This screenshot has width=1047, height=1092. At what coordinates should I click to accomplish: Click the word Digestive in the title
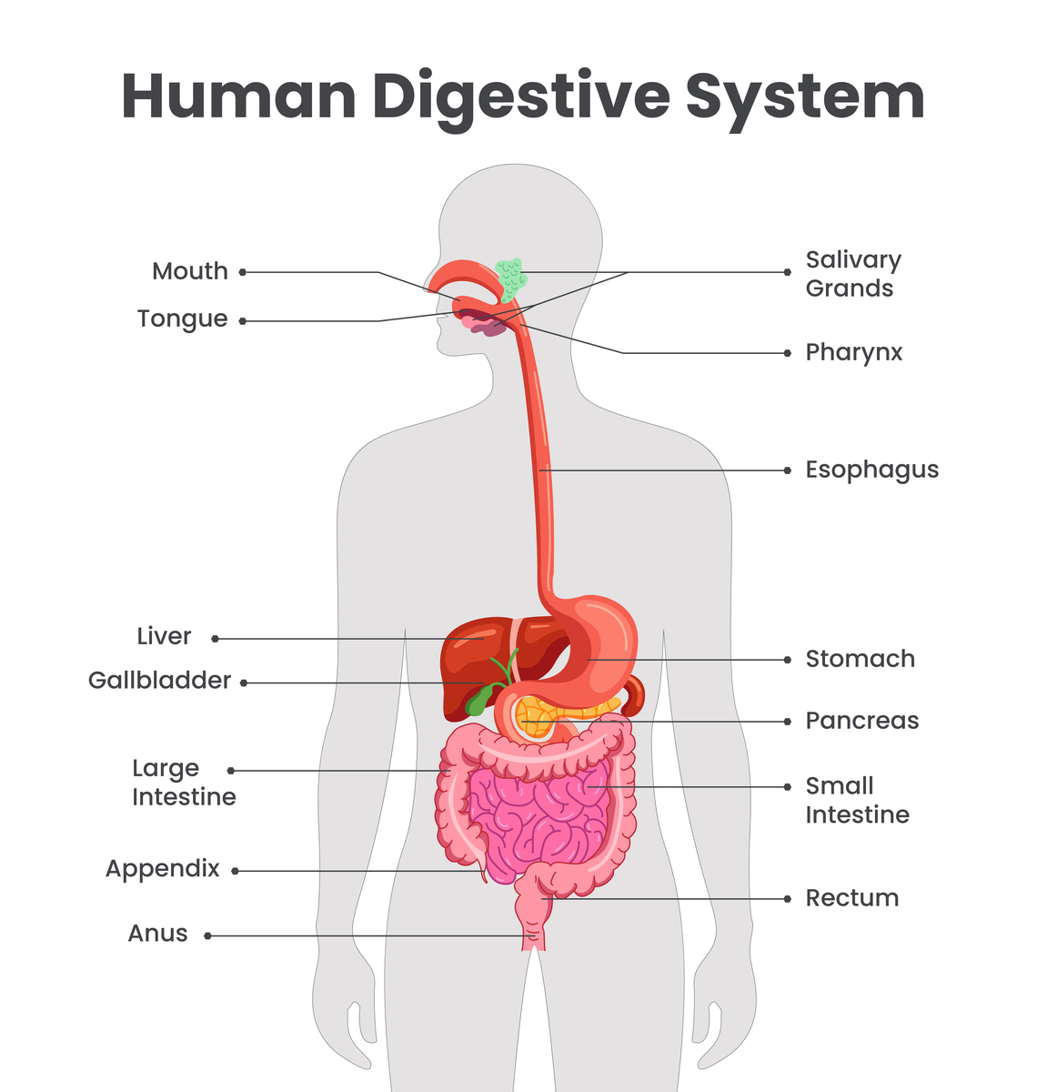[520, 96]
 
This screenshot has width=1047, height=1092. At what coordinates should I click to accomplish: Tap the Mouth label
[189, 271]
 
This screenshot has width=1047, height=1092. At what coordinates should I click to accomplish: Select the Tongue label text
[182, 319]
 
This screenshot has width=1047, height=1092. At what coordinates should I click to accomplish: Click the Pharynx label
[853, 353]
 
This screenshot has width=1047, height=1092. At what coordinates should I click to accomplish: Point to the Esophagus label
[871, 470]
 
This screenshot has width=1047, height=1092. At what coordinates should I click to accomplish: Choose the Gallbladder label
[159, 681]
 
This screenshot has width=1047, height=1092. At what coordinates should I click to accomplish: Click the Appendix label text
[162, 869]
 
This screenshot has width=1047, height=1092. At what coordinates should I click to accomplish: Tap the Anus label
[157, 934]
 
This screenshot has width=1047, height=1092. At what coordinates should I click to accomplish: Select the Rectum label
[851, 898]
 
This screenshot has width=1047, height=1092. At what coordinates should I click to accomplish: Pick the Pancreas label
[861, 722]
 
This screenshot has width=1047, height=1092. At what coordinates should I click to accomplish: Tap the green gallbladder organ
[478, 699]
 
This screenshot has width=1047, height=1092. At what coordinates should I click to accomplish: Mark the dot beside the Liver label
[216, 639]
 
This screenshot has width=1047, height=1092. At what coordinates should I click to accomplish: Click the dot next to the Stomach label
[787, 660]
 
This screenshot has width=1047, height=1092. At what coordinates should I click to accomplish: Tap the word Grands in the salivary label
[849, 289]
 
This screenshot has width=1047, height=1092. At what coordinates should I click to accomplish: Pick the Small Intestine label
[856, 800]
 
